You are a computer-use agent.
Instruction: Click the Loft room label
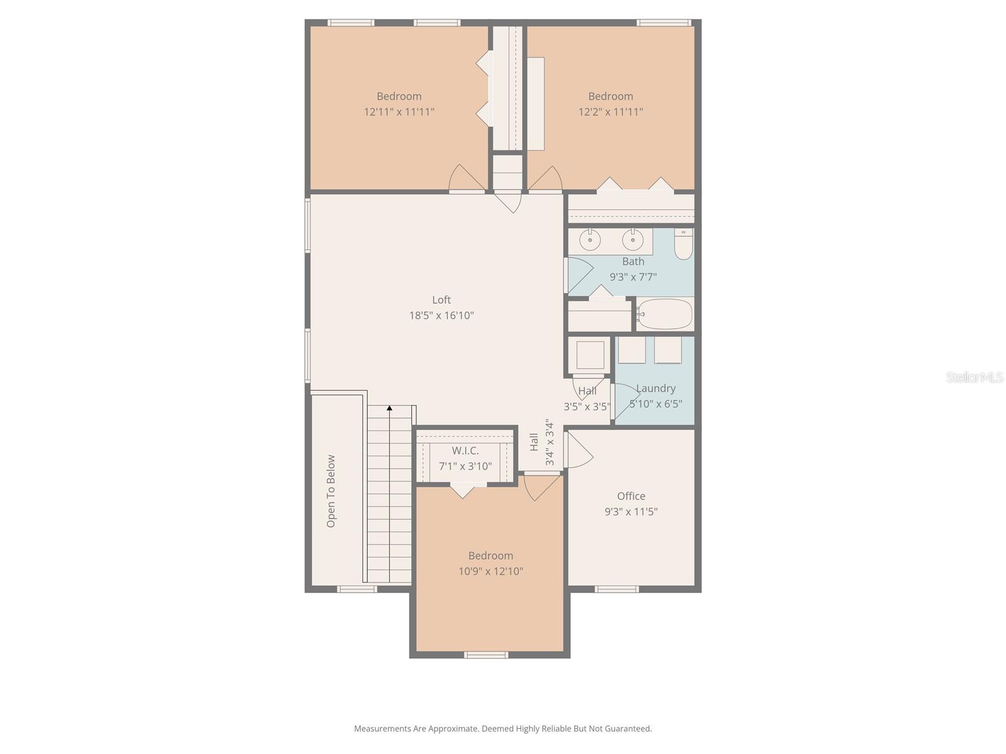pyautogui.click(x=441, y=300)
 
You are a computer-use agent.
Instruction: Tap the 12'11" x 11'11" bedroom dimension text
pyautogui.click(x=399, y=112)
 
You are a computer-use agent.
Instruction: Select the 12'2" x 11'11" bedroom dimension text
pyautogui.click(x=611, y=112)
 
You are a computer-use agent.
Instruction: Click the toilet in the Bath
pyautogui.click(x=683, y=244)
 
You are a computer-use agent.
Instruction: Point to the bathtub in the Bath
pyautogui.click(x=665, y=314)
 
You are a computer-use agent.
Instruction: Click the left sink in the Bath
pyautogui.click(x=590, y=239)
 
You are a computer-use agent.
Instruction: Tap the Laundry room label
pyautogui.click(x=656, y=388)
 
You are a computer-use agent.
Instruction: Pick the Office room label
pyautogui.click(x=631, y=496)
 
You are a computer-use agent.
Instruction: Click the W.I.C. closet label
pyautogui.click(x=465, y=451)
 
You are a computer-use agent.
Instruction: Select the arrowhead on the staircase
pyautogui.click(x=389, y=408)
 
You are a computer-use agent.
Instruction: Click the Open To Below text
pyautogui.click(x=331, y=491)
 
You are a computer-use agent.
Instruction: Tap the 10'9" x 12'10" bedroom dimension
pyautogui.click(x=490, y=571)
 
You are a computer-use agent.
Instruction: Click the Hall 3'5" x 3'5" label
pyautogui.click(x=587, y=398)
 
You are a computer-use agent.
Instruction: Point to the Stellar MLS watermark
pyautogui.click(x=975, y=378)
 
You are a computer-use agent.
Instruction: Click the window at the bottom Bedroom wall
pyautogui.click(x=486, y=655)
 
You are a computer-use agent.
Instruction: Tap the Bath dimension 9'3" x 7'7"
pyautogui.click(x=633, y=276)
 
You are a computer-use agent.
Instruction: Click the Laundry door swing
pyautogui.click(x=625, y=401)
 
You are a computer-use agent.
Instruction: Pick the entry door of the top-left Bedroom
pyautogui.click(x=466, y=179)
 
